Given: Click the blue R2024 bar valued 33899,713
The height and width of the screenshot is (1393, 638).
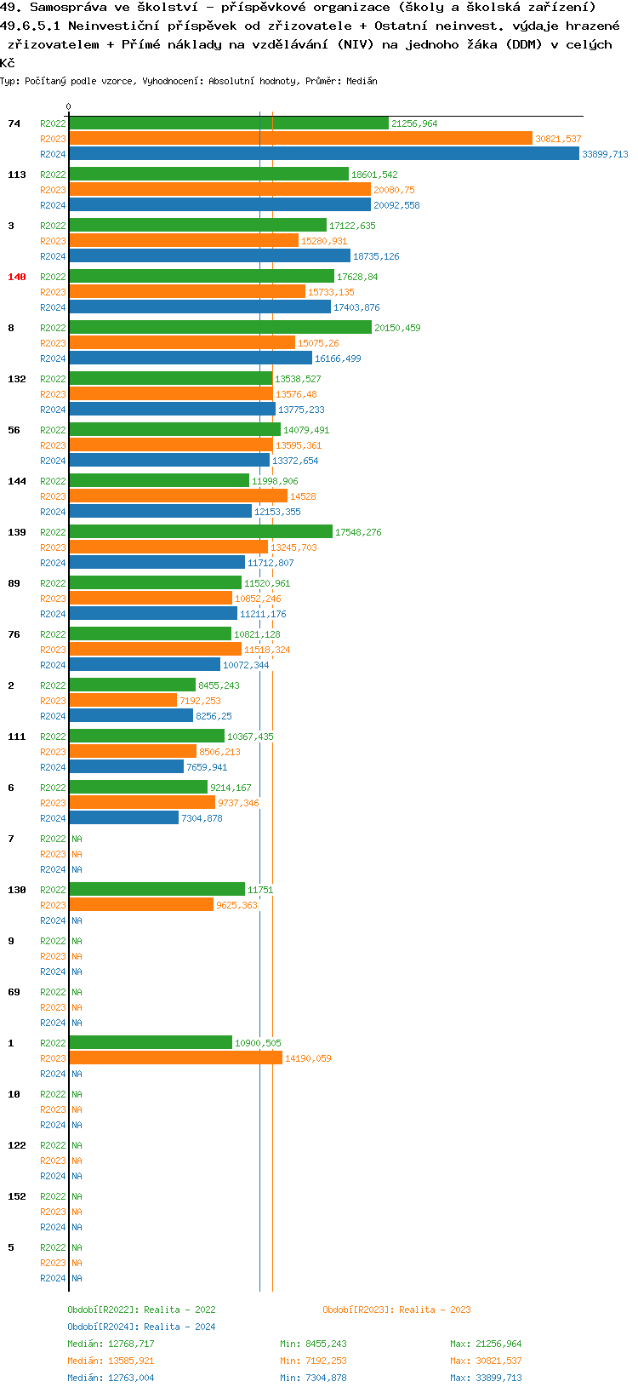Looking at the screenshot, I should [324, 154].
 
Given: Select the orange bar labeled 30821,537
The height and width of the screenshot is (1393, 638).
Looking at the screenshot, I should [301, 139].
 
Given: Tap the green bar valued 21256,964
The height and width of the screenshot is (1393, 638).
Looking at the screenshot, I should [229, 123].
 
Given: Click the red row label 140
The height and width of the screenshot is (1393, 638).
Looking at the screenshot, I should [17, 277].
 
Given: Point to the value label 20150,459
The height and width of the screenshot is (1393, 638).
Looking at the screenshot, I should [397, 328].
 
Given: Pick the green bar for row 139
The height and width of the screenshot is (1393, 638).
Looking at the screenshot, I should [201, 532].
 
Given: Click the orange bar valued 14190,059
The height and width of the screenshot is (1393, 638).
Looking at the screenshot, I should [176, 1058].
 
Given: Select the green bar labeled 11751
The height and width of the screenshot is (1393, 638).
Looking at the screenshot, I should [157, 890].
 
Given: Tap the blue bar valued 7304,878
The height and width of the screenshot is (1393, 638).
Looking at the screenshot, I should [124, 818].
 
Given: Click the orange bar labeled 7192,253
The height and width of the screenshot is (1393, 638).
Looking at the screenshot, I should [123, 701].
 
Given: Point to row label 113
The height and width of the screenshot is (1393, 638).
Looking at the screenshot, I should [17, 175].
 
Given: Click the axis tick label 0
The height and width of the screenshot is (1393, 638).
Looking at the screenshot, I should [69, 107].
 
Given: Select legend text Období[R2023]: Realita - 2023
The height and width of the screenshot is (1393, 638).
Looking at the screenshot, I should [396, 1310].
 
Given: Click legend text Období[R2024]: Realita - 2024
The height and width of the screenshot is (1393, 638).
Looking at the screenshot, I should [141, 1327].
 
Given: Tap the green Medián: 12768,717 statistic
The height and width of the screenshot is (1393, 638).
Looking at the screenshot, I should [111, 1344].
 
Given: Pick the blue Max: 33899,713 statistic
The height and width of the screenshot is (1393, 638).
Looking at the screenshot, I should [486, 1378].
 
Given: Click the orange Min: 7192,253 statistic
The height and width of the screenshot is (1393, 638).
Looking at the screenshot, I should [313, 1361].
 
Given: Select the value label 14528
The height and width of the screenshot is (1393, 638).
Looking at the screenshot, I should [303, 496].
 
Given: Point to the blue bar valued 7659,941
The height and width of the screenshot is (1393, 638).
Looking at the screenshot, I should [127, 767].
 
